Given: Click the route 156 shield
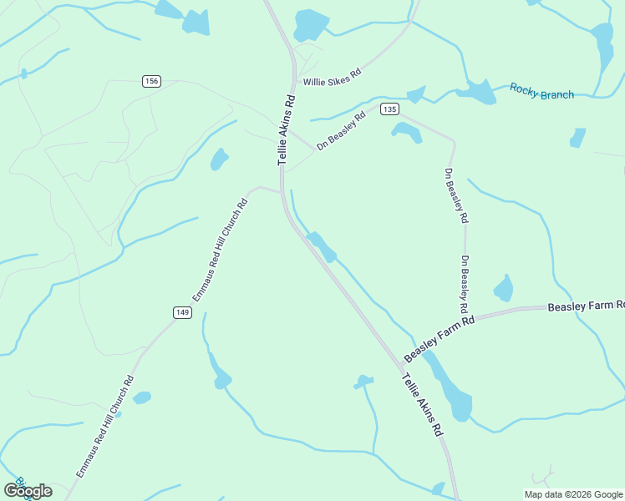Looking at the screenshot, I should [x=151, y=81].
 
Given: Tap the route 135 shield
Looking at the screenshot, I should [x=389, y=109].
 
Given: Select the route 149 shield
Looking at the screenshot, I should [x=183, y=312].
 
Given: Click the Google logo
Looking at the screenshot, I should [x=28, y=490].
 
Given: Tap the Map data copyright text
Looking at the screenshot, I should [x=573, y=494].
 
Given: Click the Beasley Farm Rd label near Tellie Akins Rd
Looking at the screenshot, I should [x=440, y=339].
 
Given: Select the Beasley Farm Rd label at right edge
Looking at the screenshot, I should [x=586, y=306].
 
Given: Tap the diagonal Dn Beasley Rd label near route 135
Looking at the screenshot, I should [x=342, y=132].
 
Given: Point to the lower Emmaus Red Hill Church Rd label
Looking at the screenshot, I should [x=105, y=426].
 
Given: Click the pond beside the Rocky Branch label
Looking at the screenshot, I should [x=477, y=91].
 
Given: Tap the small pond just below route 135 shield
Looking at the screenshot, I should [x=406, y=131].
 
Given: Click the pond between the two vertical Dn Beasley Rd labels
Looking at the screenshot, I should [x=503, y=289].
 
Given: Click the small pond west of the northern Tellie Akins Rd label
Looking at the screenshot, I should [x=219, y=159].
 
